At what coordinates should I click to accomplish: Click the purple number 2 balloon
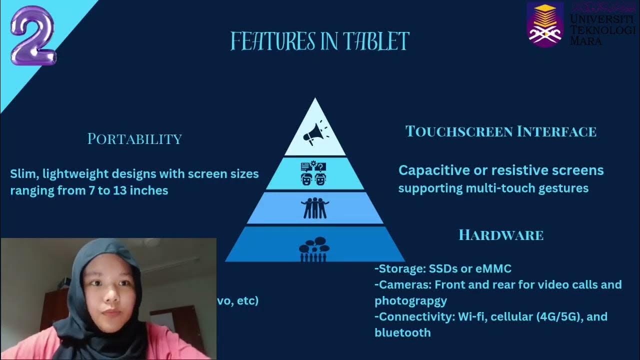coord(32,36)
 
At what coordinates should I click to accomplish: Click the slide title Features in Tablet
coord(320,41)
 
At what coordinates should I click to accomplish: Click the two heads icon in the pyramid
coord(314,173)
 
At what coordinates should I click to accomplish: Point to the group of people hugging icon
coord(315,208)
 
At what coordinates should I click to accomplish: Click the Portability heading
coord(134,139)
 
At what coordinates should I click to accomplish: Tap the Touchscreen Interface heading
coord(500,131)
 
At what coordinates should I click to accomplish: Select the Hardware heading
coord(501,235)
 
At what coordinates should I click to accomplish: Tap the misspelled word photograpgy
coord(410,301)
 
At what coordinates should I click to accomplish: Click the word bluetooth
coord(402,332)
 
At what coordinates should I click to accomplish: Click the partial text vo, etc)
coord(237,301)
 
